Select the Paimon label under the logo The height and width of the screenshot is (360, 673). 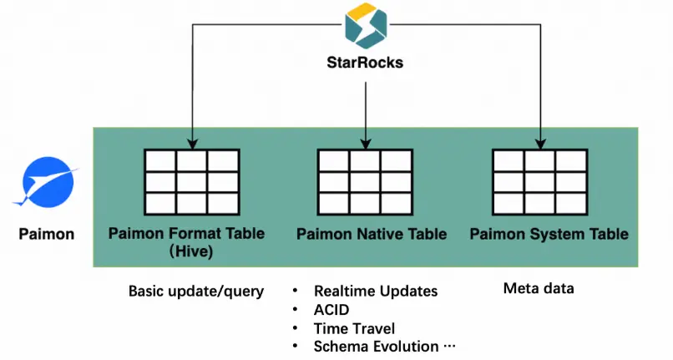coord(46,234)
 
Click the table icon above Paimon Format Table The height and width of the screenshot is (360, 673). coord(192,180)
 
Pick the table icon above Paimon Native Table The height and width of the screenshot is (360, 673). coord(366,180)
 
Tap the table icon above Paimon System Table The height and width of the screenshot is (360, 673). coord(539,180)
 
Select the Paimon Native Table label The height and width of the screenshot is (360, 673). coord(372,234)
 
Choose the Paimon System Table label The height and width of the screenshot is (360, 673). coord(549,234)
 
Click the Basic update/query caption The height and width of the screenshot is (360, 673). coord(196,292)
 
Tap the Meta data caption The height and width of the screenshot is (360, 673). coord(539,289)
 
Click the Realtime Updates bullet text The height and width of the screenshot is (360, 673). coord(375,292)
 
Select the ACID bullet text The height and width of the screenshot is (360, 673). coord(331,310)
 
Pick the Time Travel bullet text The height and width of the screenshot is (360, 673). coord(355,328)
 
